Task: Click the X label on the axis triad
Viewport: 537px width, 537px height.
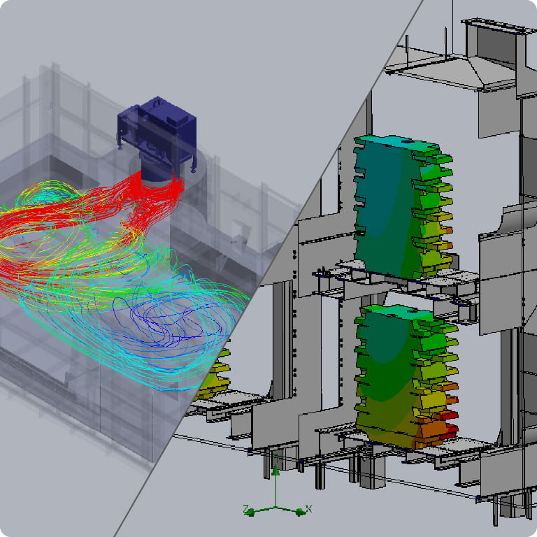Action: point(309,508)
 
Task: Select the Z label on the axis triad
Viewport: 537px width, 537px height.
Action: point(246,509)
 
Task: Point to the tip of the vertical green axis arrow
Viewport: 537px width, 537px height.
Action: point(275,466)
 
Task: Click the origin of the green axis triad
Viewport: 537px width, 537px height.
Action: point(276,507)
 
